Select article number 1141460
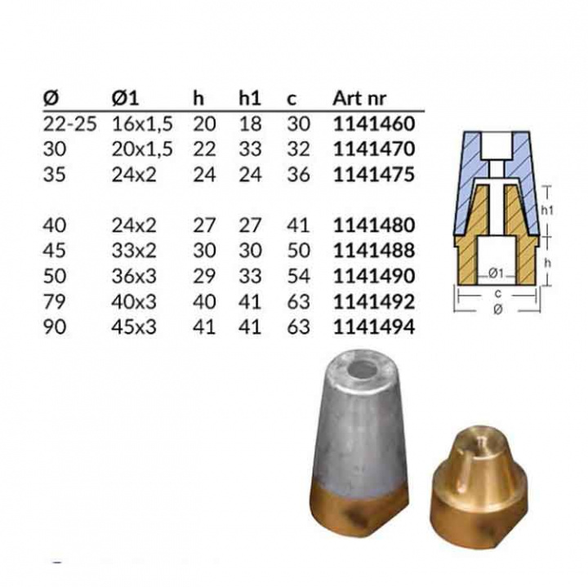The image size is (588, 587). point(375,124)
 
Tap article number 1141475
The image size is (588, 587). point(375,175)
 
